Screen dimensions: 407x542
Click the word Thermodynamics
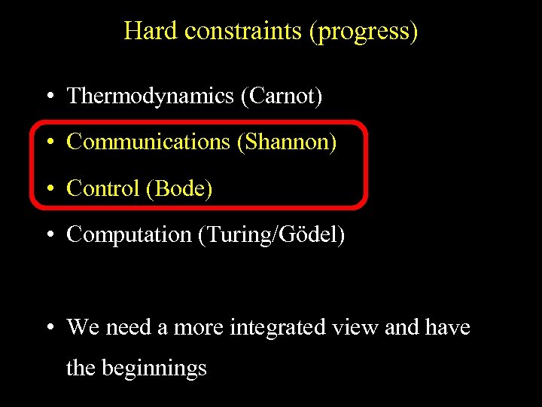coord(150,96)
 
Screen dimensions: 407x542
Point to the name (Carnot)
coord(282,96)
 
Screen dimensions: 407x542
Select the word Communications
coord(148,142)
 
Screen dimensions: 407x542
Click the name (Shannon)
coord(287,142)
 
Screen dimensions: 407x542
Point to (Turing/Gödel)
coord(271,235)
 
